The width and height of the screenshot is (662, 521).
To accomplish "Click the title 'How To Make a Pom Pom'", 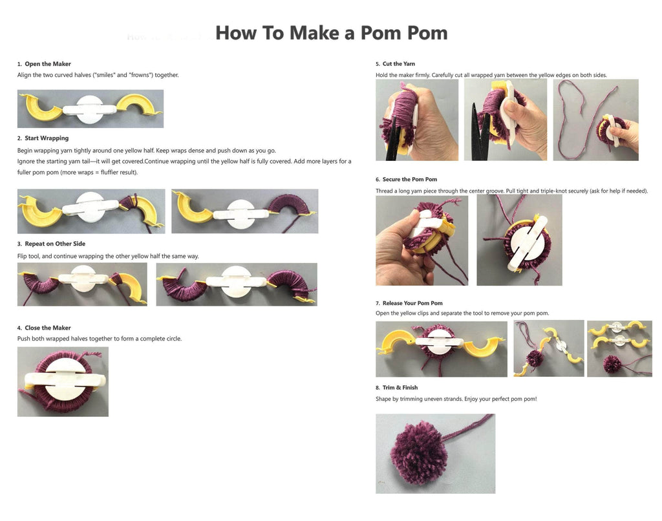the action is point(332,33).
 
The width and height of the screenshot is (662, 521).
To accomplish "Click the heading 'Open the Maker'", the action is point(48,64).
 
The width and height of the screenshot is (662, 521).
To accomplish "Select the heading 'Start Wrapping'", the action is point(47,138).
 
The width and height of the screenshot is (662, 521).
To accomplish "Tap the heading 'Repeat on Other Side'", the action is point(55,244).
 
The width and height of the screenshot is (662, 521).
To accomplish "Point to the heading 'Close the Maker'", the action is point(48,328).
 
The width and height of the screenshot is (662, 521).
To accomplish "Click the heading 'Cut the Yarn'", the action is point(398,64).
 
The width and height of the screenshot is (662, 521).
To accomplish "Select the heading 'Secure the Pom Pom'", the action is point(409,180).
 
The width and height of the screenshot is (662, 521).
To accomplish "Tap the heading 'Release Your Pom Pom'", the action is point(412,303).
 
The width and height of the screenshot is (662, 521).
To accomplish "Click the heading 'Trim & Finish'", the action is point(400,388).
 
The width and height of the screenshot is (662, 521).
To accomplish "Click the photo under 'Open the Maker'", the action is point(91,109).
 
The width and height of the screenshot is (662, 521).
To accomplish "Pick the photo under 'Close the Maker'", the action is point(63,381).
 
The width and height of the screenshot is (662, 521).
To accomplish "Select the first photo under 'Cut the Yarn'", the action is point(417,120).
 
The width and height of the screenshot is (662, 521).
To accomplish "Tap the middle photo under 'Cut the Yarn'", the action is point(506,120).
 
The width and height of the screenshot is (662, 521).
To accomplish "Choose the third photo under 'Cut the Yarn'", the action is point(595,120).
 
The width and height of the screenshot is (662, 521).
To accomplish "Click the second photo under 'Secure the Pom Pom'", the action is point(519,240).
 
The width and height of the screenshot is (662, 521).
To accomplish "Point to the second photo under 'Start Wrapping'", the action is point(245,211).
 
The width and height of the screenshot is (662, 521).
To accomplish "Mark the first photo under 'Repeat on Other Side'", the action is point(82,284).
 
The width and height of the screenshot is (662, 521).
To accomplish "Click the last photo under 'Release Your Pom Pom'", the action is point(619,349).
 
